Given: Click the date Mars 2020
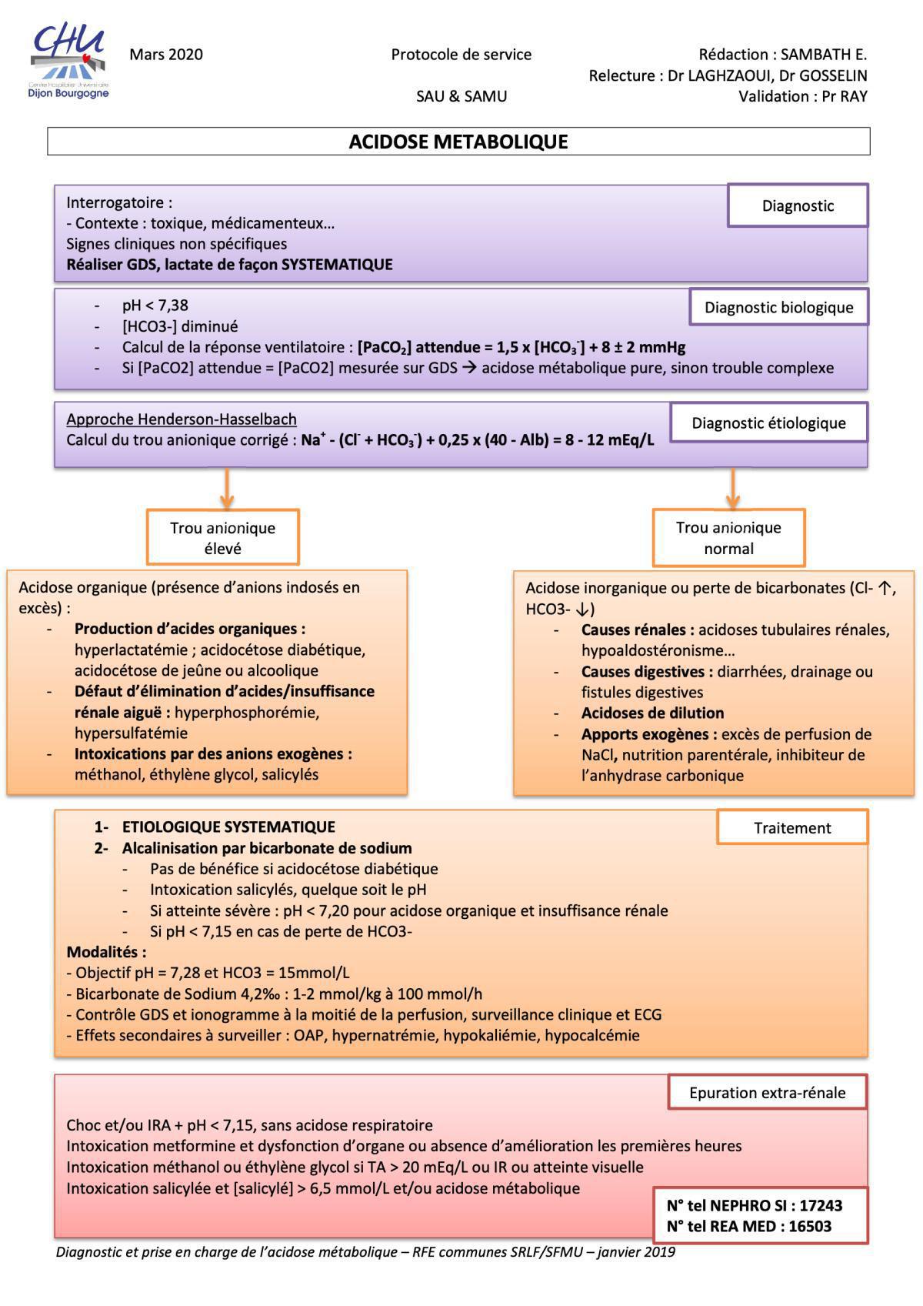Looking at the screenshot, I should pyautogui.click(x=166, y=55).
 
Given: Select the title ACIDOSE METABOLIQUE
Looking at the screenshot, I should pyautogui.click(x=458, y=142).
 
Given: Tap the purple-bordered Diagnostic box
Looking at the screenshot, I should pyautogui.click(x=798, y=205).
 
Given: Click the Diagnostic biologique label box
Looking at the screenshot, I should pyautogui.click(x=778, y=307).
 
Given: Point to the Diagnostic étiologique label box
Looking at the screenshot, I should pyautogui.click(x=768, y=423).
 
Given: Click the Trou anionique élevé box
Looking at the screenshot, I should pyautogui.click(x=222, y=538).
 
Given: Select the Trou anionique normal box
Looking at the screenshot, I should pyautogui.click(x=728, y=538).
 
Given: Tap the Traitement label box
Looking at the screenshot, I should pyautogui.click(x=792, y=828).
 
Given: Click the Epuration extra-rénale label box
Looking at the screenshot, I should pyautogui.click(x=767, y=1092).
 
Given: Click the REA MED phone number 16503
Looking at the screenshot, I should pyautogui.click(x=807, y=1226).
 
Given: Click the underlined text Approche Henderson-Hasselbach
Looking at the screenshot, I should pyautogui.click(x=182, y=419).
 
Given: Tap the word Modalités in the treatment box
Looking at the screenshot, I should pyautogui.click(x=106, y=952).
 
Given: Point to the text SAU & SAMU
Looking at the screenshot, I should pyautogui.click(x=461, y=96).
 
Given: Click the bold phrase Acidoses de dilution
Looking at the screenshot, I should pyautogui.click(x=652, y=713).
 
